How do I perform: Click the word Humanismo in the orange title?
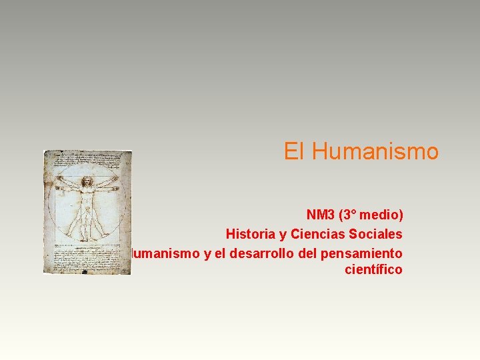[x=375, y=152]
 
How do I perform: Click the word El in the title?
[x=294, y=152]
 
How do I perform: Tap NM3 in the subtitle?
[x=321, y=215]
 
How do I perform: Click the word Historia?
[x=249, y=234]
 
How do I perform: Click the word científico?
[x=373, y=270]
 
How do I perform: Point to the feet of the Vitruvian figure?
[x=87, y=239]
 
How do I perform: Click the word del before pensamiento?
[x=307, y=253]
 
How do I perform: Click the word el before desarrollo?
[x=221, y=253]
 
